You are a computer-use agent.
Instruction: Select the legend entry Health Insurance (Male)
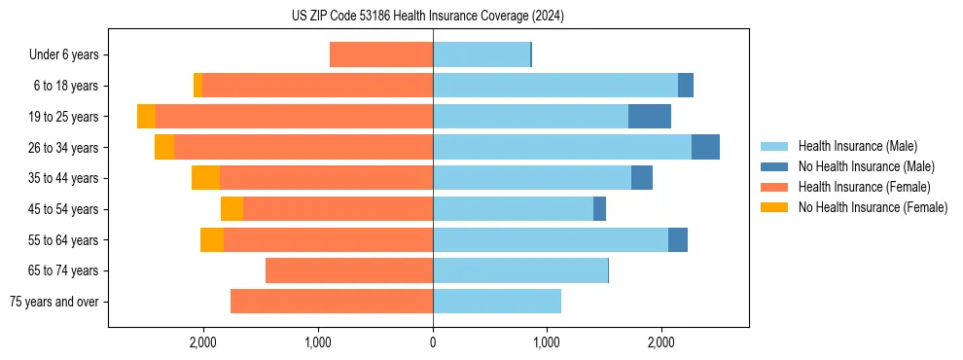857,146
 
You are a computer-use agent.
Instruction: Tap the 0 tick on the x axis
433,342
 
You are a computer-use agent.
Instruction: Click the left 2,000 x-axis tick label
203,342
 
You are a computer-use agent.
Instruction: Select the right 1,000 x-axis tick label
547,342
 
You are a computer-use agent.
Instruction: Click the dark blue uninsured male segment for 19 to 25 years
650,117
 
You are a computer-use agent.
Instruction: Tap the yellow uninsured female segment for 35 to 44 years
205,178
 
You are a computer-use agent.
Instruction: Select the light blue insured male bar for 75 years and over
497,302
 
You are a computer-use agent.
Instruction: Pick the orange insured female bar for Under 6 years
381,55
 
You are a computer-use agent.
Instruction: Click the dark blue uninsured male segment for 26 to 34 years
705,147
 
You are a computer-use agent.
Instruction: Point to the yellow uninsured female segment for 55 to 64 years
212,240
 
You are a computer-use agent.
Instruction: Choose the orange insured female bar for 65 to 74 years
349,270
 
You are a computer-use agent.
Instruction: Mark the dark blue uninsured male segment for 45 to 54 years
599,209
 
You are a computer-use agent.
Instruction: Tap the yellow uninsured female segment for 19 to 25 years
146,117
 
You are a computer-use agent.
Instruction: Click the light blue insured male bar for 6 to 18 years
555,86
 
